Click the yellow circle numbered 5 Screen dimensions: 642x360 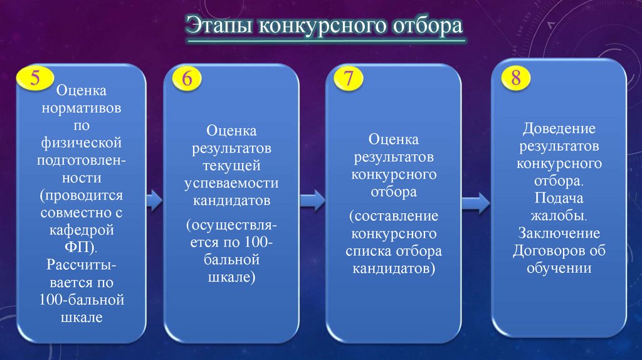(35, 78)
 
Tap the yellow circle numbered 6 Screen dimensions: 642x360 (186, 79)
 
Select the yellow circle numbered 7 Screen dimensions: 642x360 (349, 79)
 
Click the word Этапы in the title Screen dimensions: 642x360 (219, 28)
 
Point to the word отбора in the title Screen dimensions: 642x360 (428, 26)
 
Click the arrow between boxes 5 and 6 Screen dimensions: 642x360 (154, 201)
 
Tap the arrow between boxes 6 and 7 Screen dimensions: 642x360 (312, 201)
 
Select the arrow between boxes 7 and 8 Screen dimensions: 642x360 (475, 201)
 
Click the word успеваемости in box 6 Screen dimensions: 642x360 (231, 183)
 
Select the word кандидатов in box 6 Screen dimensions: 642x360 (231, 201)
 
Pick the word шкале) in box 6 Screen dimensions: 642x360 (231, 277)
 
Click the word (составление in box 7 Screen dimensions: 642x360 (394, 216)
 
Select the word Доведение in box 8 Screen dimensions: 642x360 (559, 129)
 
